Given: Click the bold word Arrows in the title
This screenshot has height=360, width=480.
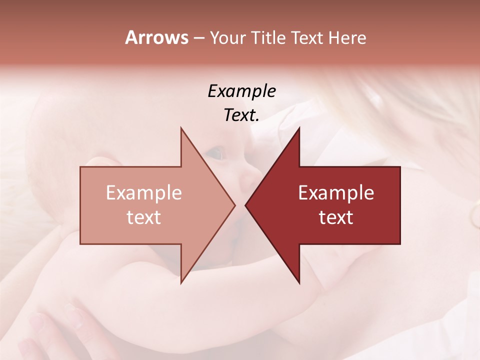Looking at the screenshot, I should coord(157,37).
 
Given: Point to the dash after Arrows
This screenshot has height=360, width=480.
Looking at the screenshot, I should coord(198,38).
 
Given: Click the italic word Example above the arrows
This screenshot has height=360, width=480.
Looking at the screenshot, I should coord(241,91).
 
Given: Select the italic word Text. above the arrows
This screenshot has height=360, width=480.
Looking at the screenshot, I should coord(241,115).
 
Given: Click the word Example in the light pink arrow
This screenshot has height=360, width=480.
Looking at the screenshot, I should coord(144,193).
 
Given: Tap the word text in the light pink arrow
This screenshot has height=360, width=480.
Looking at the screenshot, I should coord(144,217).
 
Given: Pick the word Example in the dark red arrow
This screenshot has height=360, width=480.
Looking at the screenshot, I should coord(336,193).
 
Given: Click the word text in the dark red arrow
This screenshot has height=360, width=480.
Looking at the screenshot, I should coord(336,217).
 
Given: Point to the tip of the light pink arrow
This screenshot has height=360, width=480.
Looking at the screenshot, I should coord(235,205).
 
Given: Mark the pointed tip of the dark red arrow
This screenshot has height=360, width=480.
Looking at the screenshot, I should coord(245,205).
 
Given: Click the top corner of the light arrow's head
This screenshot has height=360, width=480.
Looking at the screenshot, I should coord(181,128).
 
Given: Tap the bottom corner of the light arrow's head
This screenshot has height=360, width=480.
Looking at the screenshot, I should coord(181,283).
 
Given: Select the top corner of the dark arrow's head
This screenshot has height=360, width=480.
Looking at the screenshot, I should coord(299,128).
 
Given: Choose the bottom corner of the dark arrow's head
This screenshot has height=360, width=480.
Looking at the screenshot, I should coord(299,283).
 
